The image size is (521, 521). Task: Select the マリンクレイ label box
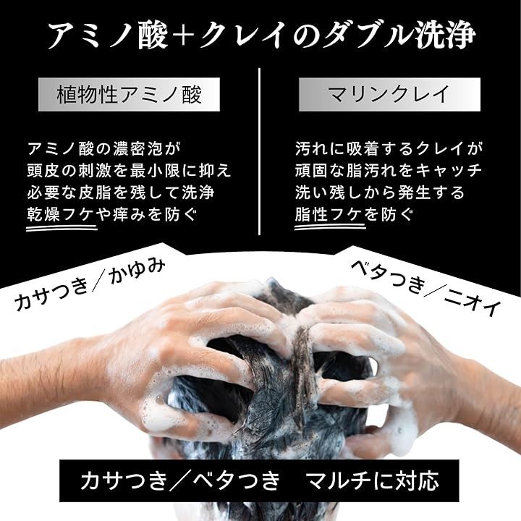[389, 94]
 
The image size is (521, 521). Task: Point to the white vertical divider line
[260, 152]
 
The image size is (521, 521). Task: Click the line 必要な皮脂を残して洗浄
[119, 192]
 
